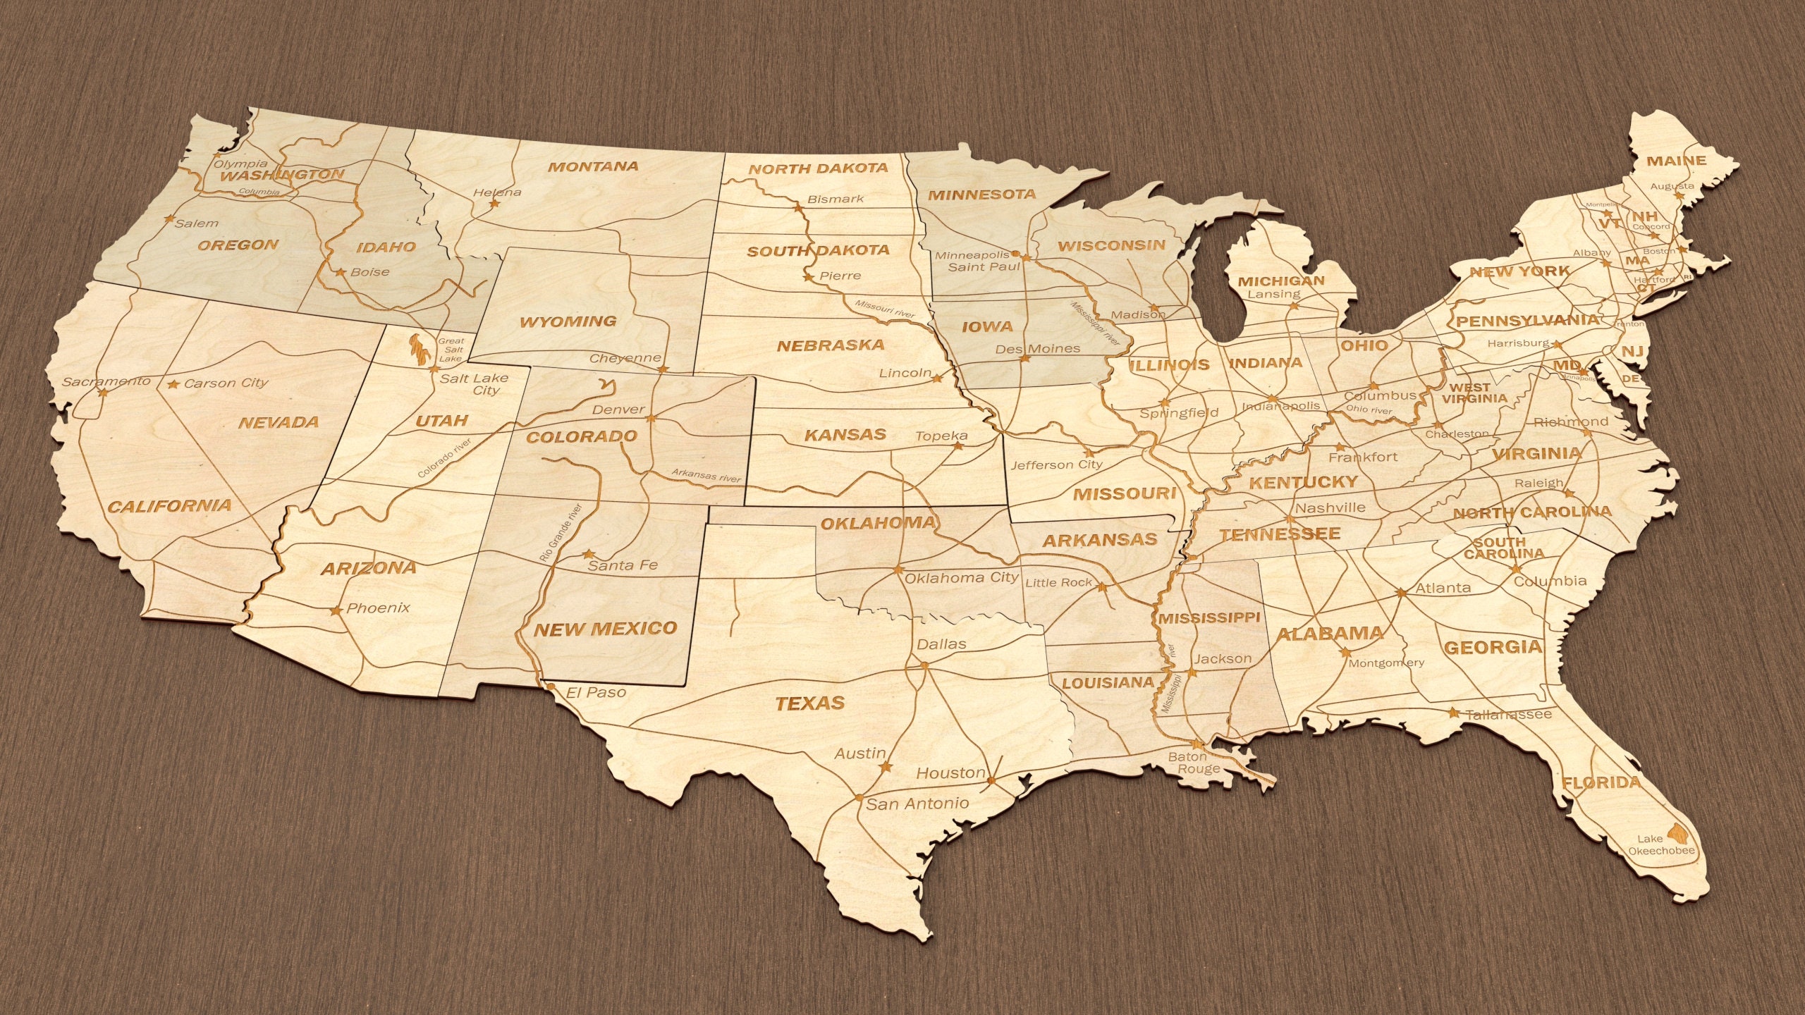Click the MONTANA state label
tap(593, 167)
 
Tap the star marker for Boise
tap(340, 272)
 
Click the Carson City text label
tap(226, 383)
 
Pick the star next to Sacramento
tap(103, 392)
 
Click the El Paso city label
tap(596, 693)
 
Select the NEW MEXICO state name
tap(605, 629)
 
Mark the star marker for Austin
tap(886, 767)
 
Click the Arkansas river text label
tap(706, 476)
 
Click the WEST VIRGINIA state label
tap(1474, 393)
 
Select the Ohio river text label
tap(1369, 410)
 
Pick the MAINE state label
tap(1676, 161)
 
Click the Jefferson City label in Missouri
tap(1056, 465)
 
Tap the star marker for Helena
tap(494, 204)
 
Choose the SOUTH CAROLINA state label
tap(1503, 548)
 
